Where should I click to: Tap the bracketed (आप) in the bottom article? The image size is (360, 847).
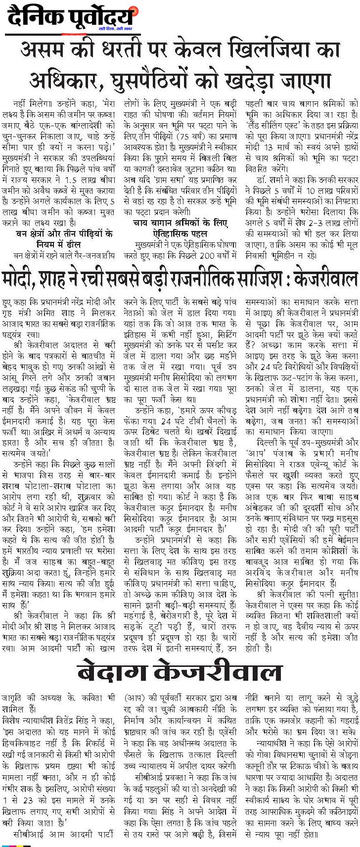(135, 698)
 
